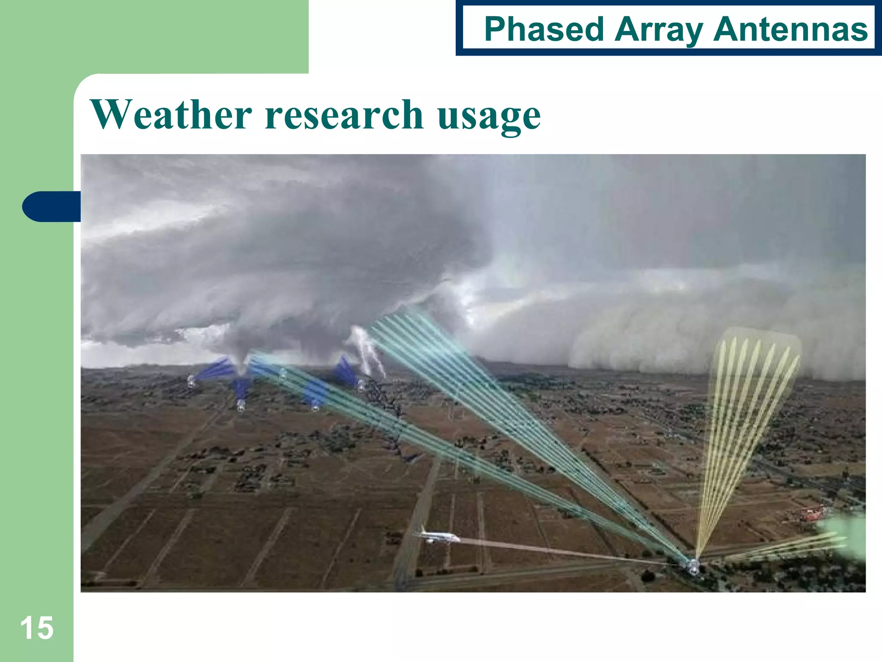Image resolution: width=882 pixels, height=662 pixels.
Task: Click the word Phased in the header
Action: tap(544, 29)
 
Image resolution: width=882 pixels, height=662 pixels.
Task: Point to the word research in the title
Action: tap(344, 115)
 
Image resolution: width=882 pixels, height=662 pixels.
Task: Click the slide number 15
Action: tap(37, 628)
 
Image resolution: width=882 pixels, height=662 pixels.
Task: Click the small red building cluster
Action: tap(805, 514)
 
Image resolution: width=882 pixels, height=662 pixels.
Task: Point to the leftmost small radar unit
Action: tap(191, 381)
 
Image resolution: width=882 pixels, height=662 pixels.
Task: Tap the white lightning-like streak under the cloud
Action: tap(368, 351)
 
